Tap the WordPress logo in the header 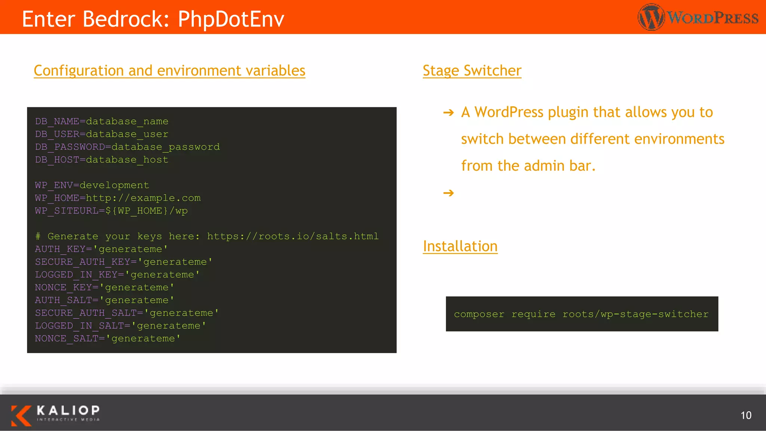698,17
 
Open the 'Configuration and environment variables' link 169,71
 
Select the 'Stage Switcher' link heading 472,71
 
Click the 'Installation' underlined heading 460,246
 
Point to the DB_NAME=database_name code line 102,122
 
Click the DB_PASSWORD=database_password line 128,147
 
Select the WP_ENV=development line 92,185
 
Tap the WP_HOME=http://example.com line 118,198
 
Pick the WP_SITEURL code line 111,211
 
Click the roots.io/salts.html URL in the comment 293,236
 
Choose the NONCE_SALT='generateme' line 108,339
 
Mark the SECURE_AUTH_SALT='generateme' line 127,313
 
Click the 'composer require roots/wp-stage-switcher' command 581,314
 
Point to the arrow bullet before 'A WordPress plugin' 448,113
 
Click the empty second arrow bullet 448,193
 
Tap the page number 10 746,415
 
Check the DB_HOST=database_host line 102,160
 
